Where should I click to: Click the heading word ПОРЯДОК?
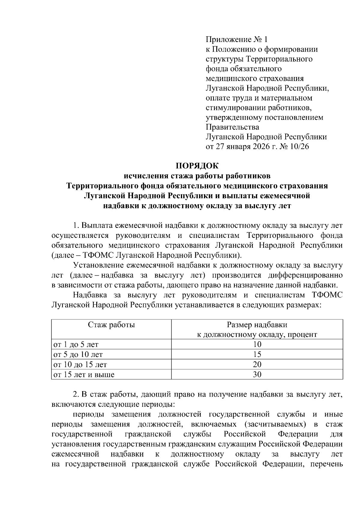coord(197,166)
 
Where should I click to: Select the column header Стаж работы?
coord(111,325)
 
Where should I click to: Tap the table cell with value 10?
coord(257,344)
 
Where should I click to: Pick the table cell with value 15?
coord(257,355)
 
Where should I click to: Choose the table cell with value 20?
coord(257,364)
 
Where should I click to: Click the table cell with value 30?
coord(257,375)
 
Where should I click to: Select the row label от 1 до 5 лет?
coord(76,344)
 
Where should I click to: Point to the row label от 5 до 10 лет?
coord(78,355)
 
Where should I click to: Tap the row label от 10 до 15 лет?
coord(80,364)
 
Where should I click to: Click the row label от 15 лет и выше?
coord(84,375)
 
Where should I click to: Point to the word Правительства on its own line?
coord(232,127)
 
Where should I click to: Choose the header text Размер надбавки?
coord(257,325)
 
